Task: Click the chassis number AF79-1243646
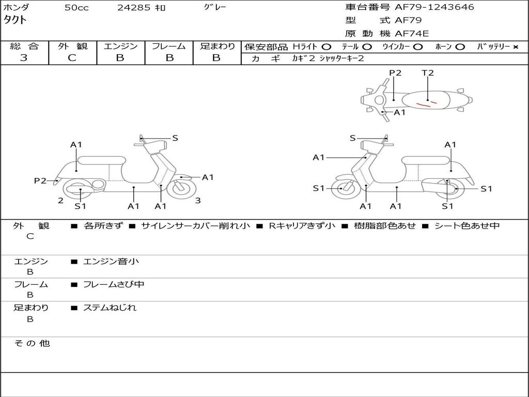434,7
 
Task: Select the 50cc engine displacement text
76,8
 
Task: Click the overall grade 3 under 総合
24,58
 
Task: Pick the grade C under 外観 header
72,58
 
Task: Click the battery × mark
516,47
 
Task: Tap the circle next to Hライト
326,47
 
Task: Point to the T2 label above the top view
427,73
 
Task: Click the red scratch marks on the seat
426,103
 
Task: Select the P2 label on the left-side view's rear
40,181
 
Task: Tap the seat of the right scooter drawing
426,161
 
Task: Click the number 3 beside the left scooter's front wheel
198,201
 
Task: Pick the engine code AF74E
412,34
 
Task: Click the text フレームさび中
114,285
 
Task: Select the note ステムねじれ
110,308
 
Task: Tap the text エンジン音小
111,261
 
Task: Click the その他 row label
32,343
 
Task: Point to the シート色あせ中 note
467,225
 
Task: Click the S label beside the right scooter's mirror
353,138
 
